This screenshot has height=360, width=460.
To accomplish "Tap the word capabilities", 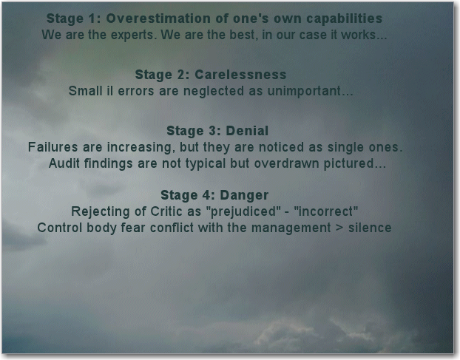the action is (x=345, y=18).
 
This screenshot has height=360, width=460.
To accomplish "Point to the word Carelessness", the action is (x=240, y=75).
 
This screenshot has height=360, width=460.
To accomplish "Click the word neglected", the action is (x=214, y=91).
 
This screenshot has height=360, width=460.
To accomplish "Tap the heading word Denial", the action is (x=247, y=131).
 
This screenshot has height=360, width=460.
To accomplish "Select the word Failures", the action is (x=53, y=147).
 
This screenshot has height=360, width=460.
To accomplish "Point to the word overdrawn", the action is (x=286, y=163).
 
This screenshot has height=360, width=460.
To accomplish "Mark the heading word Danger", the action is (x=244, y=196).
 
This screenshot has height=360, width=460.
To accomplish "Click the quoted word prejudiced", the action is (x=246, y=211).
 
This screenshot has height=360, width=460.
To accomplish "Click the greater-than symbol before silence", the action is (x=339, y=228).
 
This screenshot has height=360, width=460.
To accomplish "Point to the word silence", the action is (x=370, y=228).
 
